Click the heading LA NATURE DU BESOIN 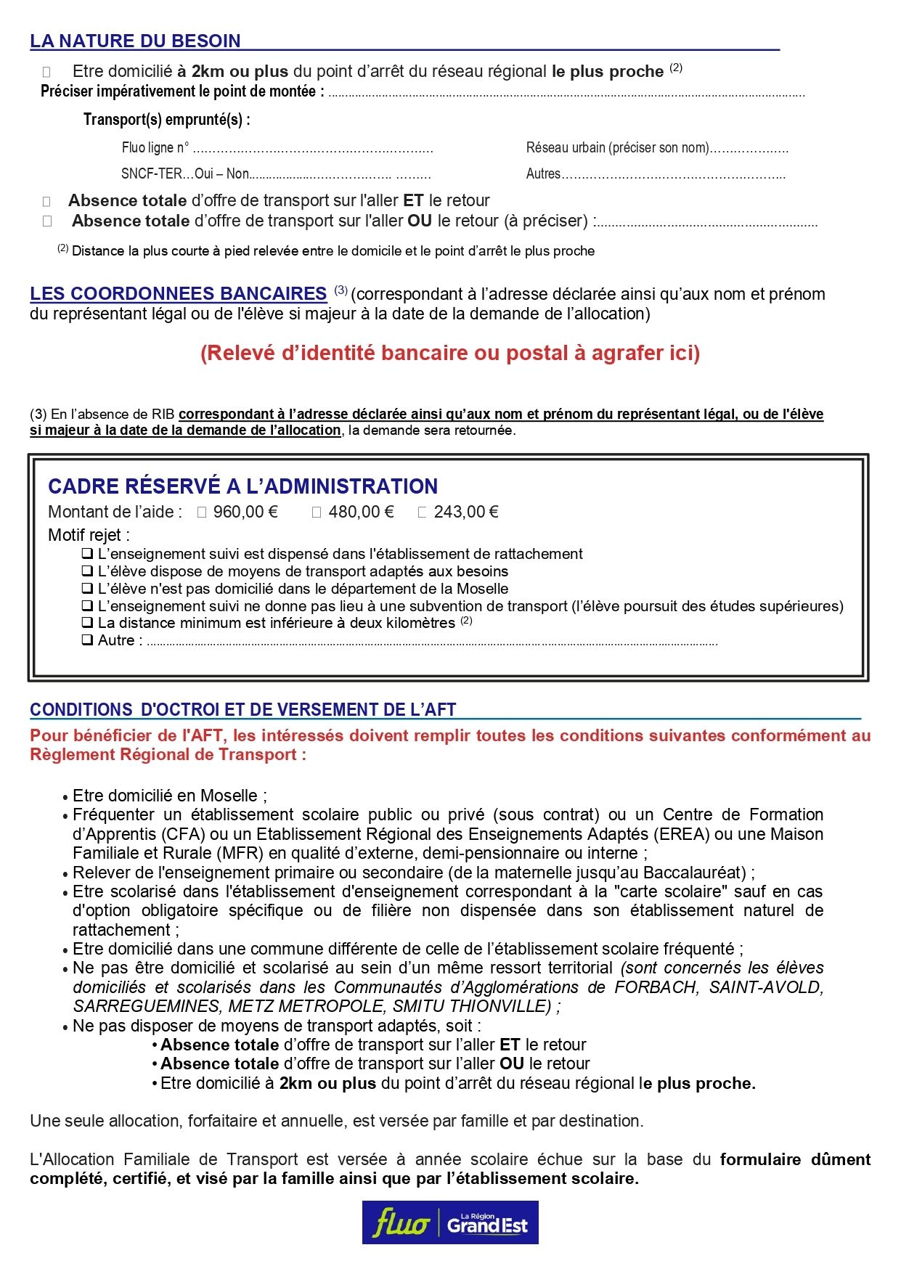135,41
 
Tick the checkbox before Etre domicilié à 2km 46,72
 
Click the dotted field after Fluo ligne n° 313,150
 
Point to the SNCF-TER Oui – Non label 185,174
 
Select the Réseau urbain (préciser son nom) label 617,148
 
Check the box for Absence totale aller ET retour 46,202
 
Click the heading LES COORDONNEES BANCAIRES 178,294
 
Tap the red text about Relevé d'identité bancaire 450,354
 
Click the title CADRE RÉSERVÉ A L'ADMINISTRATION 242,486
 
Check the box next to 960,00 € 202,513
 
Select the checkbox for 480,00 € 317,513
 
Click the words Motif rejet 89,536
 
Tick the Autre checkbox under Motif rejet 87,640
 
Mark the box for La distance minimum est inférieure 87,623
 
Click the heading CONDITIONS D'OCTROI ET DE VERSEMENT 242,710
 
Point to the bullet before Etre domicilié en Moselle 65,797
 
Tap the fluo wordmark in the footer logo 400,1223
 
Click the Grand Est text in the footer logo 487,1226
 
